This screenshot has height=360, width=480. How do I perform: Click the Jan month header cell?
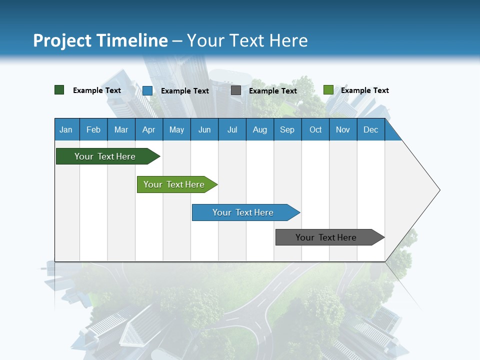coord(66,129)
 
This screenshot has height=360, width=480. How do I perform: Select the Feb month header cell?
coord(93,129)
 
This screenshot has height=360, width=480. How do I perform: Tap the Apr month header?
coord(149,129)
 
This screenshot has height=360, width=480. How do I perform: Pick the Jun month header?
coord(204,129)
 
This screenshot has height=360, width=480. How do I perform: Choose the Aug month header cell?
coord(260,129)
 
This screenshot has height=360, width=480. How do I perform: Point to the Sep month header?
coord(287,129)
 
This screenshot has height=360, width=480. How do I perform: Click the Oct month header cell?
coord(315,129)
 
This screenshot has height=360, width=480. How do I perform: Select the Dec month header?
coord(371,129)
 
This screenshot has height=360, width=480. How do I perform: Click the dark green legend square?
coord(59,90)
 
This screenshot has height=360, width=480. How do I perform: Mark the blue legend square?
coord(147,90)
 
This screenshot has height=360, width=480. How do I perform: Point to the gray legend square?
coord(236,90)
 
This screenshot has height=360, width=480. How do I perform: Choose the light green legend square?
coord(328,90)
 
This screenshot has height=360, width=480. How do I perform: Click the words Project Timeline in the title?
coord(100,40)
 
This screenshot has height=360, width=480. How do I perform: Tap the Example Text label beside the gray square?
coord(273,91)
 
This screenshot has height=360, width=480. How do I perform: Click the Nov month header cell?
coord(343,129)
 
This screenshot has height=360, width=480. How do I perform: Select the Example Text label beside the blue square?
coord(185,91)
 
